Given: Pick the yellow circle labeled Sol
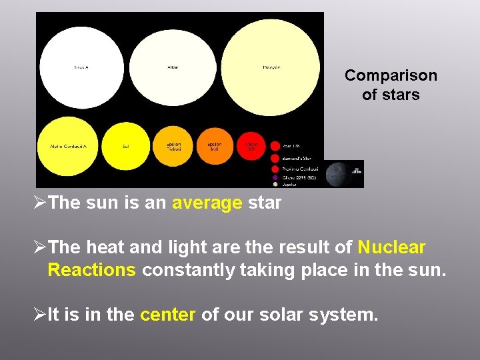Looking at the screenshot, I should point(125,146).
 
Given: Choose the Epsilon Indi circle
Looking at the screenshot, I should point(214,145).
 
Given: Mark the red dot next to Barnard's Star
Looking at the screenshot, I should point(275,158).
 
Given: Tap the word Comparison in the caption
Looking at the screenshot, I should point(391,75).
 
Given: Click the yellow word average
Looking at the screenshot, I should point(207,203).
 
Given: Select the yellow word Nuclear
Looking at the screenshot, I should point(391,248).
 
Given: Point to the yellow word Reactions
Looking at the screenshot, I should point(92,270).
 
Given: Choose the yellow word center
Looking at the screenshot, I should point(167,314).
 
